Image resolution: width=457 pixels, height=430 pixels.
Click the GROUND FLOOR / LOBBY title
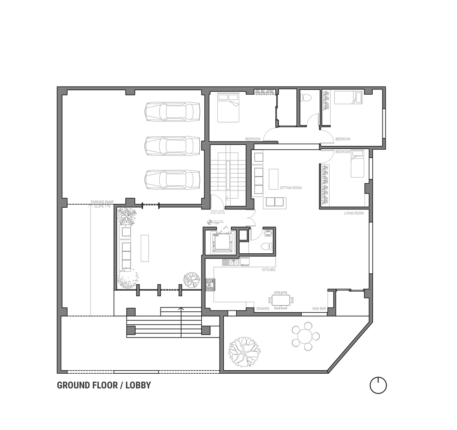[104, 385]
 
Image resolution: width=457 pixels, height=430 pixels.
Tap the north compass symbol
[378, 385]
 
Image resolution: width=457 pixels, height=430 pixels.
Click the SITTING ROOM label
[291, 188]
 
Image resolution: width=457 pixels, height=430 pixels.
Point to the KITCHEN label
[269, 270]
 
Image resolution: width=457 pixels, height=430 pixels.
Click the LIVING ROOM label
[354, 213]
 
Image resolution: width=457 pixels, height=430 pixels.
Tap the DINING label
[263, 309]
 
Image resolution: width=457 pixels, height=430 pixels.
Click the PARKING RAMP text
[101, 202]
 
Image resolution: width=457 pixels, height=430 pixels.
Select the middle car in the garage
[172, 146]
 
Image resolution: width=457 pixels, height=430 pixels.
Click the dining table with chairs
[281, 300]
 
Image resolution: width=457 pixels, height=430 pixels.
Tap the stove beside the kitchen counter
[210, 285]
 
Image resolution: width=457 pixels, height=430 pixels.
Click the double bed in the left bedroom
[228, 108]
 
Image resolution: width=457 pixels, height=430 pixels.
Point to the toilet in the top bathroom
[306, 97]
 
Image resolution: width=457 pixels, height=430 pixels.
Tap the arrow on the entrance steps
[181, 309]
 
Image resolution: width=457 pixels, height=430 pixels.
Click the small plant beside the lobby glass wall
[191, 280]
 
